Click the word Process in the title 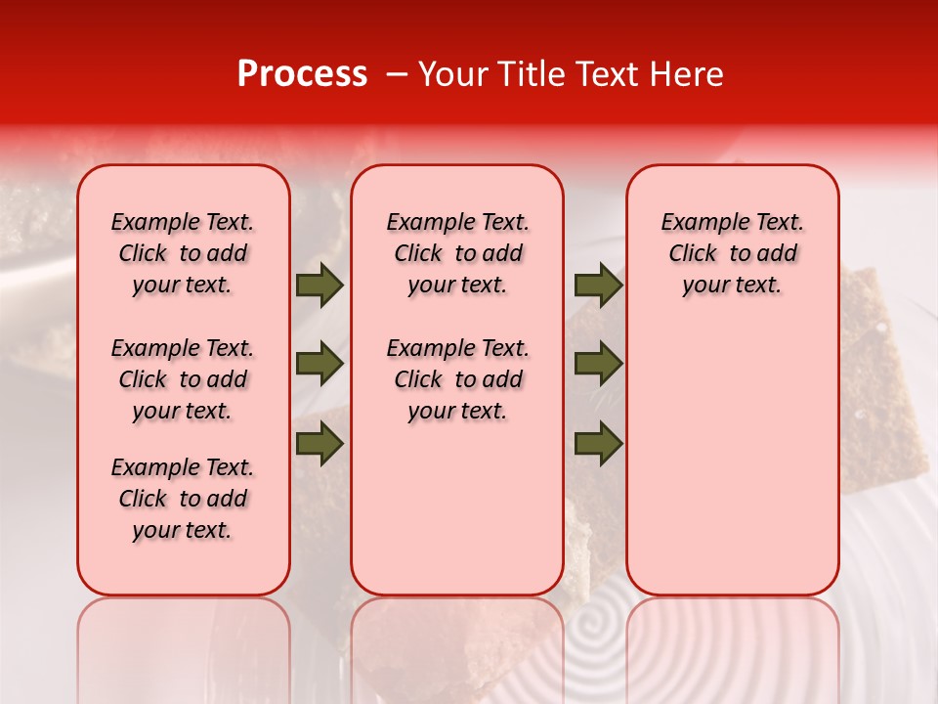pos(302,74)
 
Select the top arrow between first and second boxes pos(320,285)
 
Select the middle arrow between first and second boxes pos(320,364)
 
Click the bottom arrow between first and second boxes pos(320,443)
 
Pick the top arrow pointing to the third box pos(598,285)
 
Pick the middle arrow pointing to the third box pos(598,364)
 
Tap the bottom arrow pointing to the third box pos(598,443)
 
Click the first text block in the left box pos(183,253)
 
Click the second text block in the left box pos(183,379)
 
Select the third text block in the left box pos(183,499)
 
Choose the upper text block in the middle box pos(457,253)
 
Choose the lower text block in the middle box pos(457,379)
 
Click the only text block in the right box pos(732,253)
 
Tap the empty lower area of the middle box pos(457,508)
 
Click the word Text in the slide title pos(604,74)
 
